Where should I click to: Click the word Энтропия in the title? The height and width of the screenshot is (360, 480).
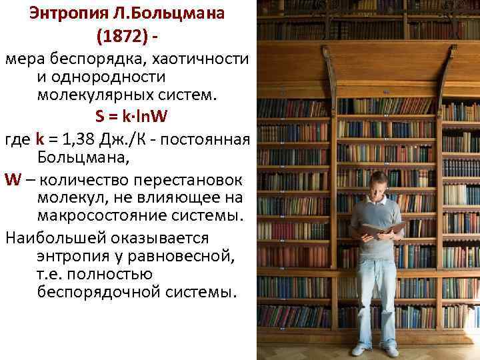point(64,14)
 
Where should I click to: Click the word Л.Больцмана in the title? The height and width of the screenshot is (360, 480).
point(167,14)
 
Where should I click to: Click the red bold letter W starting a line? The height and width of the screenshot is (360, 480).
point(12,180)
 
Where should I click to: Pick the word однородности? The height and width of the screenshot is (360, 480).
point(107,77)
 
